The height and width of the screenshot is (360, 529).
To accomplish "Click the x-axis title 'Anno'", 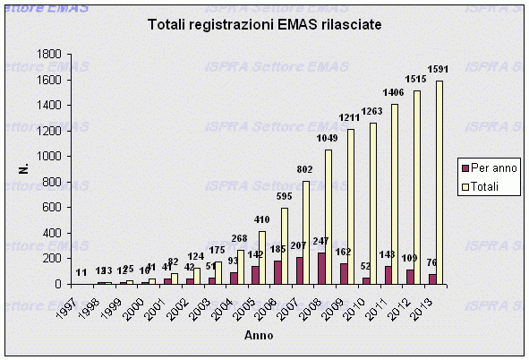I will pyautogui.click(x=260, y=335).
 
